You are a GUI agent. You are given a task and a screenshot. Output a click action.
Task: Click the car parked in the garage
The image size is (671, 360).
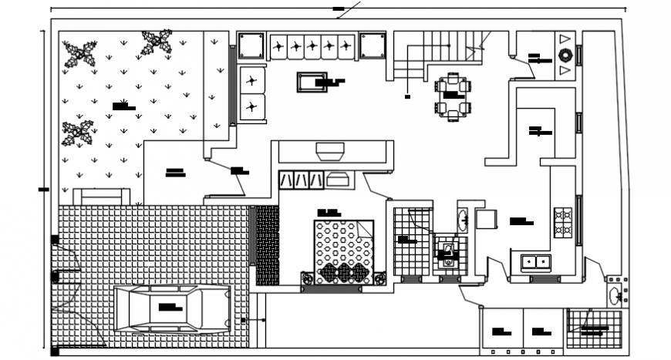point(173,309)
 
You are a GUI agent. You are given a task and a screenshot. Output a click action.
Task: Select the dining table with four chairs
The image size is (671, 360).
point(452,96)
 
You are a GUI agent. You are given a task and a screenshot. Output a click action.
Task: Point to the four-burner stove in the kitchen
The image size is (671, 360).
point(562,221)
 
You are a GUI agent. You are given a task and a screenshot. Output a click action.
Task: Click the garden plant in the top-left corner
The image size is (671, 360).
point(79,53)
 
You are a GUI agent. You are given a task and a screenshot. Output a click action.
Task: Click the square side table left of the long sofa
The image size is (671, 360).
point(251,45)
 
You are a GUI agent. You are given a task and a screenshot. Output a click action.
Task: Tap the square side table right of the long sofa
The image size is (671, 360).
point(372,45)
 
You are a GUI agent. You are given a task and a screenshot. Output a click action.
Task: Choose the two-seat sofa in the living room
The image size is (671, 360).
point(252,93)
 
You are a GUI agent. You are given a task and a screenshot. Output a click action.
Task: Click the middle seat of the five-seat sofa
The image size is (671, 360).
point(312,46)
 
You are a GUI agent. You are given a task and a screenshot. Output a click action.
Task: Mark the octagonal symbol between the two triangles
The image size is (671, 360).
point(565,55)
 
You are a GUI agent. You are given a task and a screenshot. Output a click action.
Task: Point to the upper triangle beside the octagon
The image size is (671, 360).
point(565,39)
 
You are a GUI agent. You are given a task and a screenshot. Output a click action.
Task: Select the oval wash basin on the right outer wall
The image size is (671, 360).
point(614,294)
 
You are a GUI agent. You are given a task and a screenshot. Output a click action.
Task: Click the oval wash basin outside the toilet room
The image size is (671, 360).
point(463,220)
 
